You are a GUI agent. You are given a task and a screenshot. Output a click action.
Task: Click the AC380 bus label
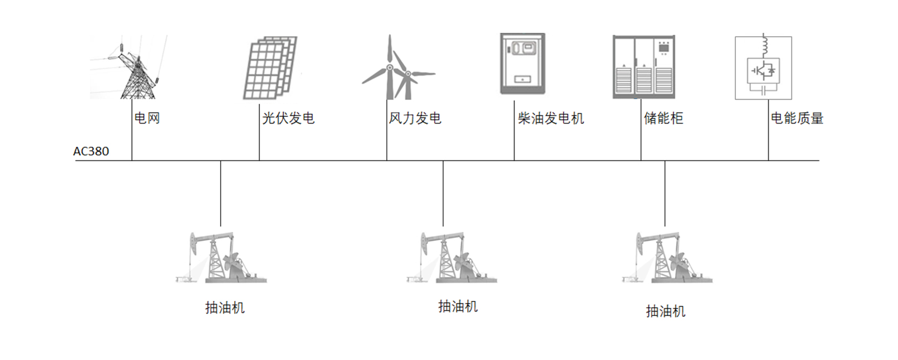tap(91, 152)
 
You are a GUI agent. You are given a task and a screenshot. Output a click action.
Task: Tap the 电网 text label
tap(147, 118)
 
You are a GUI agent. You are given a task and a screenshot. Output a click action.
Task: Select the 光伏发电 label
tap(288, 118)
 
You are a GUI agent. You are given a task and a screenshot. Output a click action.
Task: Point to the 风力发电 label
tap(415, 118)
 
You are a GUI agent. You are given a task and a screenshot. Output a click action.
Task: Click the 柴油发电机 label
tap(551, 118)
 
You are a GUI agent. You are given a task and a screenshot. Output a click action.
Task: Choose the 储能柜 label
tap(663, 118)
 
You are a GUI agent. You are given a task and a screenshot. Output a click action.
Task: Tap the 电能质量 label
tap(797, 118)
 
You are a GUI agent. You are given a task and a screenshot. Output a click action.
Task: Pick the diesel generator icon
tap(522, 64)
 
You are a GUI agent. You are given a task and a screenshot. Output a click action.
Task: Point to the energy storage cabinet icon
tap(644, 67)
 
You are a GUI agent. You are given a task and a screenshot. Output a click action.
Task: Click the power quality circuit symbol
tap(763, 68)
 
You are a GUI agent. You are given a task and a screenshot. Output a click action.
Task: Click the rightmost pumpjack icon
tap(667, 257)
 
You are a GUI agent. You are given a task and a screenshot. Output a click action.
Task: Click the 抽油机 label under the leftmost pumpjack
tap(225, 308)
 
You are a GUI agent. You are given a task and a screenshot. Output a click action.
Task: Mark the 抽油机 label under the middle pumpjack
tap(458, 306)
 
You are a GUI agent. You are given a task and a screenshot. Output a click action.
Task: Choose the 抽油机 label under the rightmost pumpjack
tap(666, 311)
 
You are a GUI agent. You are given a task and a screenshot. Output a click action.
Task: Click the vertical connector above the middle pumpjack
tap(443, 193)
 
